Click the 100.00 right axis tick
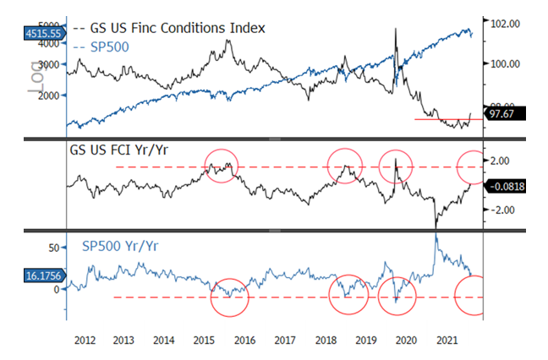coord(500,64)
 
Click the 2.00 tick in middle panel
coord(500,161)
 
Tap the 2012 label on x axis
coord(83,340)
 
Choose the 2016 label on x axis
coord(244,340)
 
